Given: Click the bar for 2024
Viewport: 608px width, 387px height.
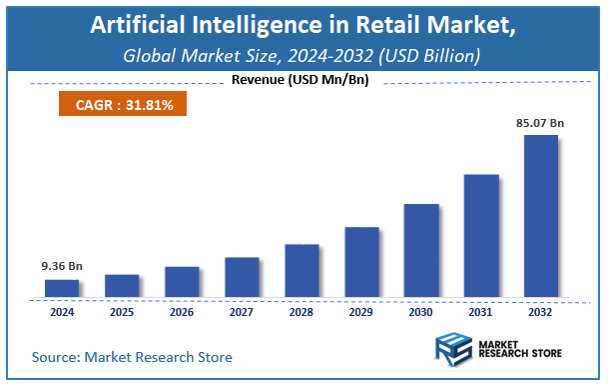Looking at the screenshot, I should pos(62,288).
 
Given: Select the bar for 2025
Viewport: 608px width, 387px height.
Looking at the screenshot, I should pos(122,286).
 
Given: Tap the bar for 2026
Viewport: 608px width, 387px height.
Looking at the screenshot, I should pos(182,282).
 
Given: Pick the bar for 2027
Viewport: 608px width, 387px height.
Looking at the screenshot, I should pos(242,277).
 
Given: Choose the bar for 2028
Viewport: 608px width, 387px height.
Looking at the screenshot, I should pos(302,271).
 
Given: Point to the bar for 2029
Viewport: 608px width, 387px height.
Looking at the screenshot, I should pos(361,262).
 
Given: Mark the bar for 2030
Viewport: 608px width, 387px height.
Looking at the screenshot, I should pos(421,251).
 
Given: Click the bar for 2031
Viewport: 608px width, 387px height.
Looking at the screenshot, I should pos(481,236).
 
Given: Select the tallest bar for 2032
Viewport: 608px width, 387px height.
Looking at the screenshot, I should pos(541,216).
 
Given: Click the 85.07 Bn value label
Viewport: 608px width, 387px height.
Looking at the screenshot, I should pos(540,123).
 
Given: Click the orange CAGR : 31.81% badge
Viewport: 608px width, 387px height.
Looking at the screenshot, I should pos(117,102).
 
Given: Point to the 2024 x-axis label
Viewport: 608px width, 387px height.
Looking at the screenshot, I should pos(62,312).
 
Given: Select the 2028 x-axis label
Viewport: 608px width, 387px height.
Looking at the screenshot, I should pos(302,312).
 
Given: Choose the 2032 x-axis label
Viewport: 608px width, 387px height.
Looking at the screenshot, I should pos(541,312).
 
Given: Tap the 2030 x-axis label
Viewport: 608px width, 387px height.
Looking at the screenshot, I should pos(421,312).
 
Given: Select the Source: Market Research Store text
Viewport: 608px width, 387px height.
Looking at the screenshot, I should pos(132,357).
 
